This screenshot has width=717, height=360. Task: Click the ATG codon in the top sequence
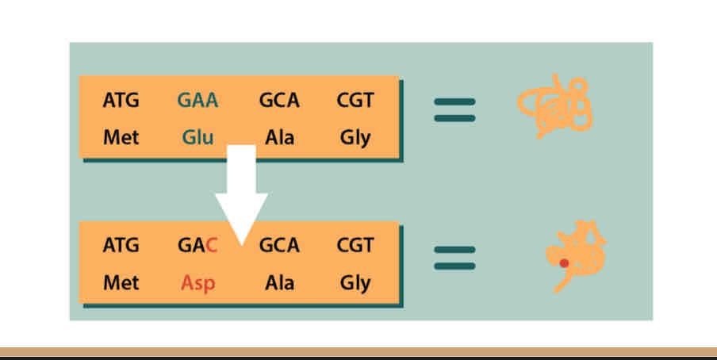(121, 101)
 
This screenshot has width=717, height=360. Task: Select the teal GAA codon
(197, 101)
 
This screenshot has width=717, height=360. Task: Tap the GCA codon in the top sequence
(279, 101)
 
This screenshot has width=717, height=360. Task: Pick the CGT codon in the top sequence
(355, 101)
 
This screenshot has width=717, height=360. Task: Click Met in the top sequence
(121, 137)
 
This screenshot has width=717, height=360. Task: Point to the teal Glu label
(197, 137)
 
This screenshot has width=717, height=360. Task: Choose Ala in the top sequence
(279, 137)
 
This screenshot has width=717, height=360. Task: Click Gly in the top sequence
(355, 138)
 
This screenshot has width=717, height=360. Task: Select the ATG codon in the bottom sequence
(121, 246)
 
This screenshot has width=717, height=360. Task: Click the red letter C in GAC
(211, 246)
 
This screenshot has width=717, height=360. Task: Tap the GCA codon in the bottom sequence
(279, 246)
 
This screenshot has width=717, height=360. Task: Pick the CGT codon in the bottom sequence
(355, 246)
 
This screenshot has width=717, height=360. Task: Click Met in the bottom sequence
(121, 282)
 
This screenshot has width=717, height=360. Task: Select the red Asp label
(197, 283)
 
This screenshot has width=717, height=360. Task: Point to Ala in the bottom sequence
(279, 282)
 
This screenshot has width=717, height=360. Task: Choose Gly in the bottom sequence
(355, 283)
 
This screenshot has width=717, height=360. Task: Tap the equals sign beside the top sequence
(454, 109)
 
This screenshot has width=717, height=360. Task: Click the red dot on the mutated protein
(564, 262)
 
